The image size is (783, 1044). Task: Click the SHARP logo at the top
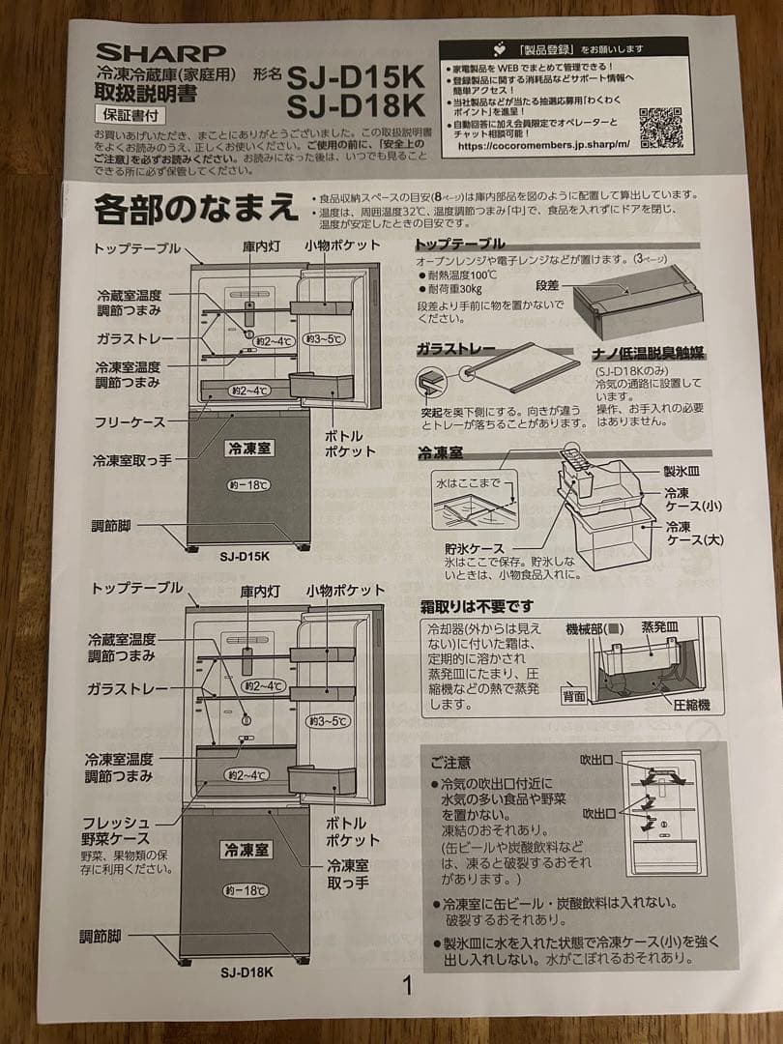click(x=160, y=51)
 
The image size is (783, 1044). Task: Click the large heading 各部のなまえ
click(x=194, y=208)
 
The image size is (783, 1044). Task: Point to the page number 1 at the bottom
click(x=407, y=985)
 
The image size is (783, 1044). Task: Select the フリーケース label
click(x=130, y=421)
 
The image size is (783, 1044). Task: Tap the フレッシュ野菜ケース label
click(x=116, y=830)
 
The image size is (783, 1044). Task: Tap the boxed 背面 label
click(x=575, y=695)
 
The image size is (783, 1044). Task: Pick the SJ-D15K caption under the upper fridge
click(x=245, y=556)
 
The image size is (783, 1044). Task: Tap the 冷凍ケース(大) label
click(x=693, y=533)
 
